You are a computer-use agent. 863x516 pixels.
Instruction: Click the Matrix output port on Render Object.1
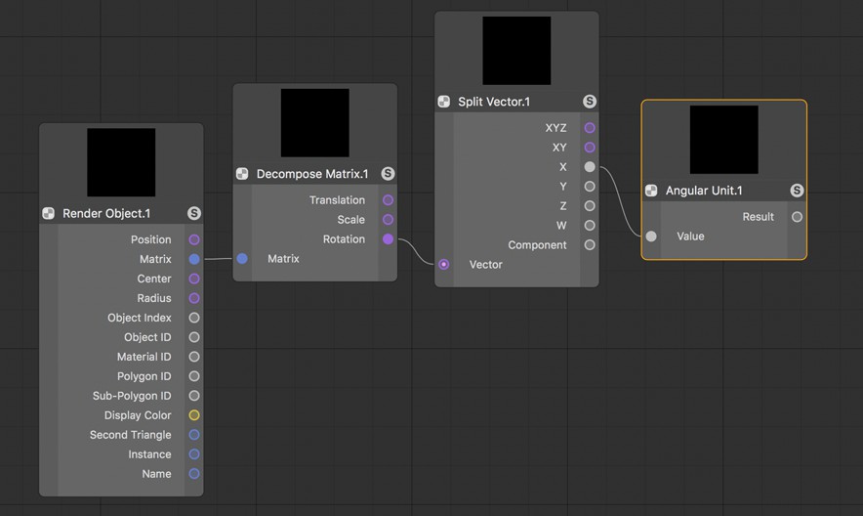194,259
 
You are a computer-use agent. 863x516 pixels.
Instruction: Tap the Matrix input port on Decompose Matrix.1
242,258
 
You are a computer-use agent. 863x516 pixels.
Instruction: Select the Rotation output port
388,239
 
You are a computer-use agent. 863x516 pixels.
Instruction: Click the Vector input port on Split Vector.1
443,264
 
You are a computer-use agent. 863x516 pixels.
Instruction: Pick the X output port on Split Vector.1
590,166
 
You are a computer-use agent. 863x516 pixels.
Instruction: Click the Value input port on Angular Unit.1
651,236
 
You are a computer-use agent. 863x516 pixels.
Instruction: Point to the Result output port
797,217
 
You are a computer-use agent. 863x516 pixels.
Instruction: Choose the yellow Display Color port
194,415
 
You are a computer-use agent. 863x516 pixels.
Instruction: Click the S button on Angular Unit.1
797,191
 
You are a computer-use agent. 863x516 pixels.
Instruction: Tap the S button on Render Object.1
193,213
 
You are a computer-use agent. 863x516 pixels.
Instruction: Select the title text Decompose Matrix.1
312,174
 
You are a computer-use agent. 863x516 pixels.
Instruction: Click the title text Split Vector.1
494,102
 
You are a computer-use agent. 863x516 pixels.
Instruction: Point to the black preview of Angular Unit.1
723,140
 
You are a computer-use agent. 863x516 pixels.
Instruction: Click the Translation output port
388,200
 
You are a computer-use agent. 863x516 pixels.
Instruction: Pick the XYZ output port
590,128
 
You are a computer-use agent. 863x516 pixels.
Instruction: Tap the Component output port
590,245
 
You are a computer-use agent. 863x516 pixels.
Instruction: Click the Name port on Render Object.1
194,474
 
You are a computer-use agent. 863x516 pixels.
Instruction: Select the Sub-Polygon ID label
132,396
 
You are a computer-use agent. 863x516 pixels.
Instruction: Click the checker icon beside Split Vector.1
443,102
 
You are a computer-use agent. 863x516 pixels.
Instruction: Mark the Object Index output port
194,318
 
